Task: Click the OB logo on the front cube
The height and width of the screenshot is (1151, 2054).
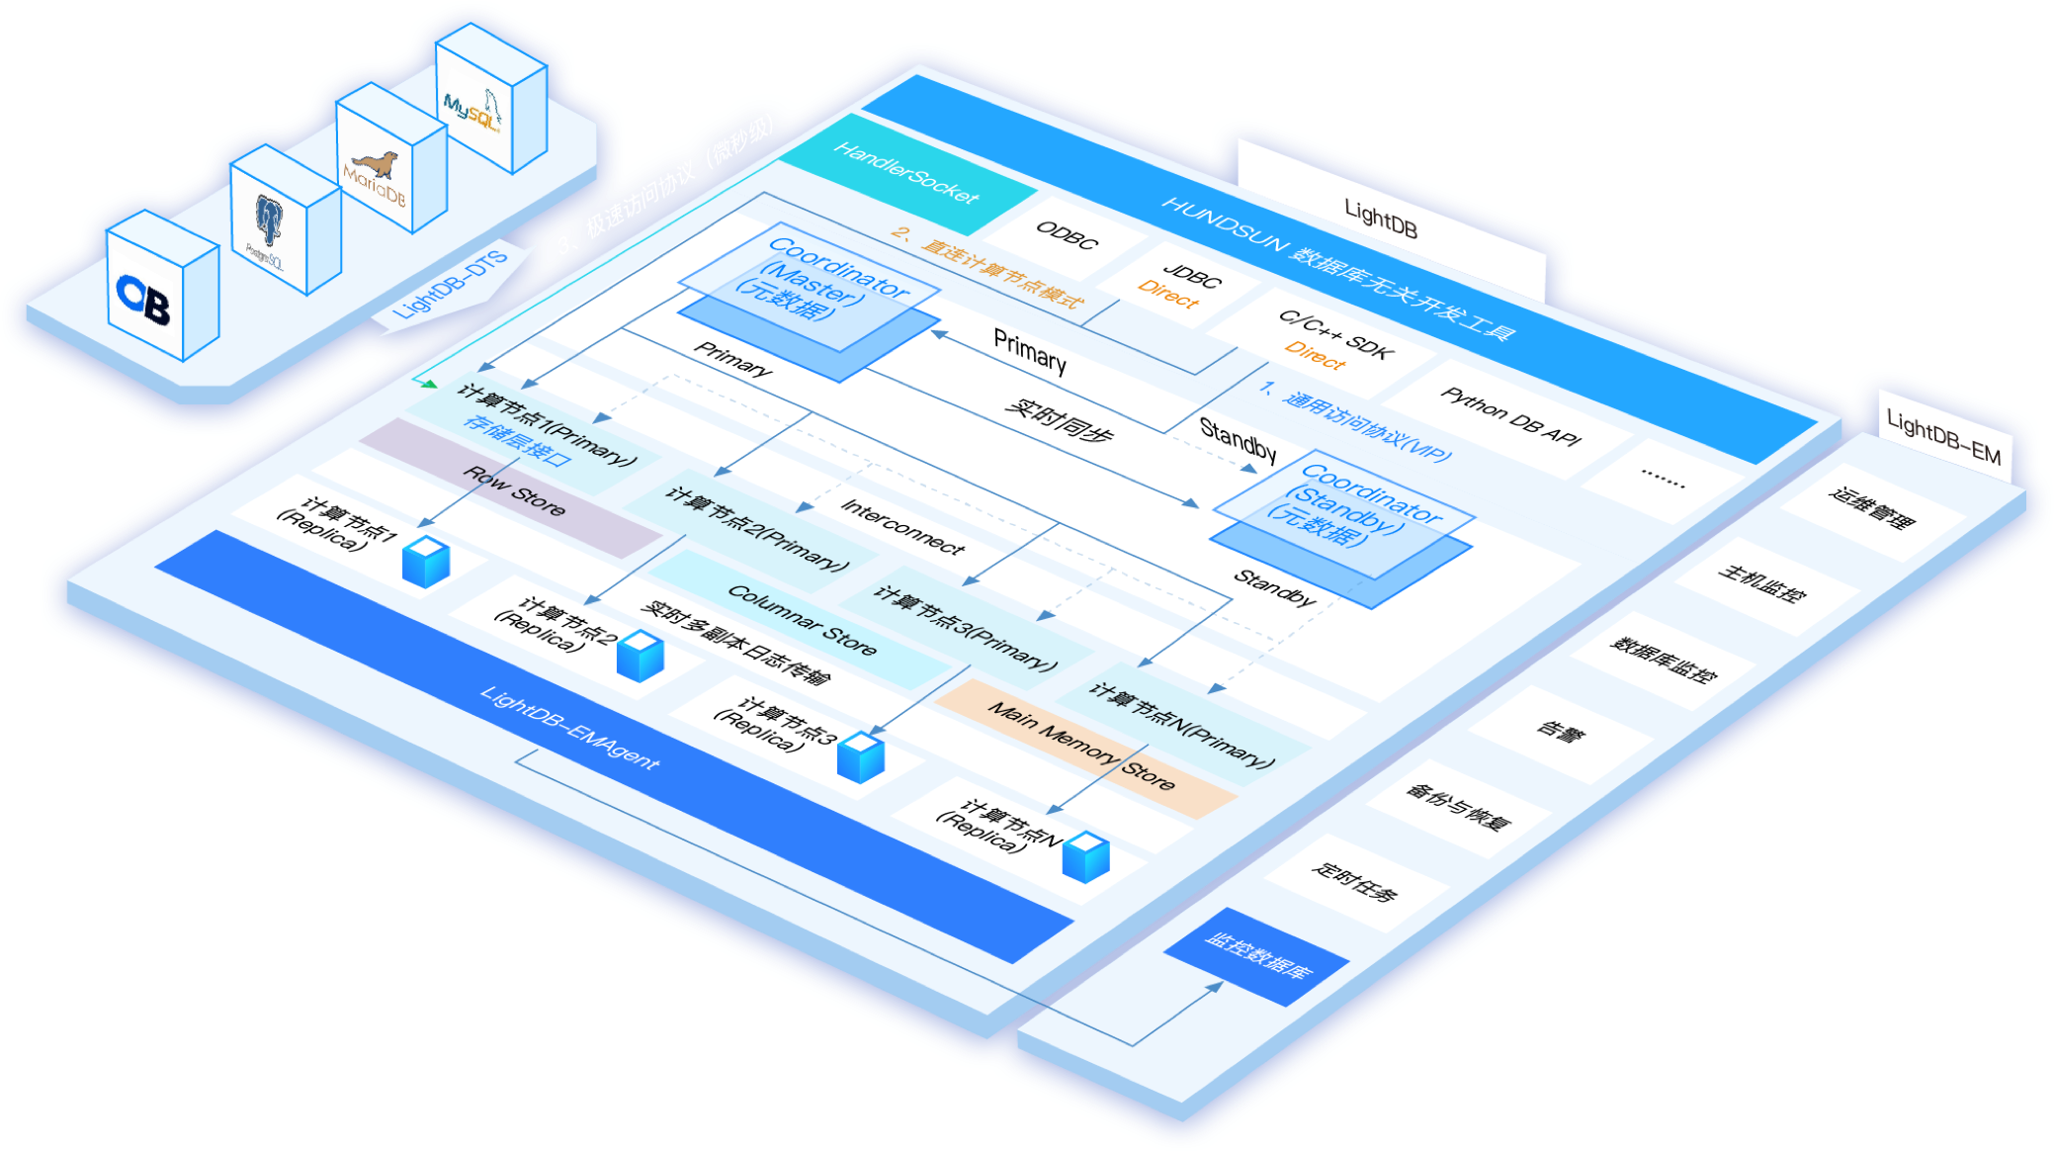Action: pyautogui.click(x=144, y=299)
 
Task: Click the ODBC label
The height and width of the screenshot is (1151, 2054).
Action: pyautogui.click(x=1067, y=235)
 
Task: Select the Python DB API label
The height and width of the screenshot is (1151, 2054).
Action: pyautogui.click(x=1509, y=414)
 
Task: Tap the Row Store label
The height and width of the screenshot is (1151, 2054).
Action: pyautogui.click(x=515, y=490)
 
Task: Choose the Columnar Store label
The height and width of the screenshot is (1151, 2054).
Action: pyautogui.click(x=802, y=619)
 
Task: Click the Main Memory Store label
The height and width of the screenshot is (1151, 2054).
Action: pyautogui.click(x=1081, y=745)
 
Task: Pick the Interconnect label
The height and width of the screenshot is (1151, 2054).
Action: pyautogui.click(x=901, y=526)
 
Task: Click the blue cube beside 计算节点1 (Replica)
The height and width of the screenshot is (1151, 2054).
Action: pyautogui.click(x=426, y=561)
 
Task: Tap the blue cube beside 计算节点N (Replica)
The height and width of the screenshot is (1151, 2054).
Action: pyautogui.click(x=1085, y=856)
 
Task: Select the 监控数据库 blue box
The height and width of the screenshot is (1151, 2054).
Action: pyautogui.click(x=1257, y=955)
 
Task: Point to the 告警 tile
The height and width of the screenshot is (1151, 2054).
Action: pyautogui.click(x=1561, y=733)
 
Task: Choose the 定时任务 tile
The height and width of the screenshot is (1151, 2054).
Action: pyautogui.click(x=1354, y=881)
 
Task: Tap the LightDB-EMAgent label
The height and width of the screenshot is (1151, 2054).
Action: pyautogui.click(x=569, y=727)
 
